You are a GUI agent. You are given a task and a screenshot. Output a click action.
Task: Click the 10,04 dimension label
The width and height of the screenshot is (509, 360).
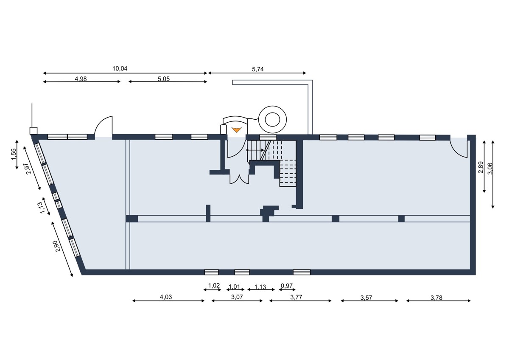120,68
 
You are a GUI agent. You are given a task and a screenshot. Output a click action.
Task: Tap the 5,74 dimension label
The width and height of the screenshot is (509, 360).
258,69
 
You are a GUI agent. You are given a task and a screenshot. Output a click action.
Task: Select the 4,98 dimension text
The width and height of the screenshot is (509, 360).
81,79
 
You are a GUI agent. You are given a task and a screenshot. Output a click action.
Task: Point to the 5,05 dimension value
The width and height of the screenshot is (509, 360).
164,79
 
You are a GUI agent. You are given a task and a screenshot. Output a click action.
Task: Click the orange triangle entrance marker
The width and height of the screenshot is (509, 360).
236,130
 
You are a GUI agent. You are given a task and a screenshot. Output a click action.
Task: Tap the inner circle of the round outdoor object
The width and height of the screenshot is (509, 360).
272,119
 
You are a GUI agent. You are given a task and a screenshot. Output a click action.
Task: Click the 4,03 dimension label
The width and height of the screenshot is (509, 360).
166,297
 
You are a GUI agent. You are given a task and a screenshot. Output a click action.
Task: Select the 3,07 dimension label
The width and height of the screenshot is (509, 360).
237,297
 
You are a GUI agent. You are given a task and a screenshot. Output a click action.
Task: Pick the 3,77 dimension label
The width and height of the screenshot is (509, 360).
296,297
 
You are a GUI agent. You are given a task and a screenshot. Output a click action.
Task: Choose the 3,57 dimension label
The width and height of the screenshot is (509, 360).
366,298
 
